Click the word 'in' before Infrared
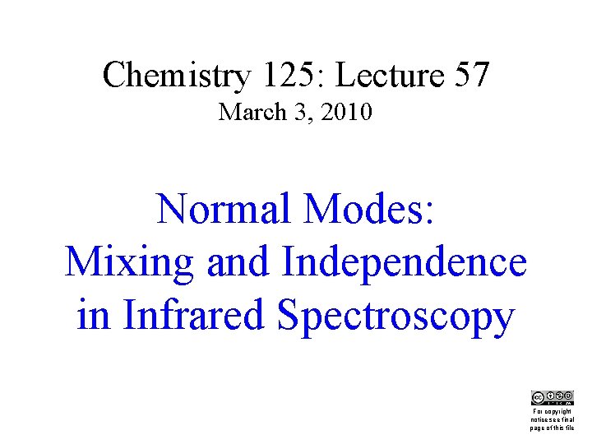pyautogui.click(x=93, y=315)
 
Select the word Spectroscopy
pyautogui.click(x=397, y=315)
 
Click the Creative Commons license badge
pyautogui.click(x=552, y=397)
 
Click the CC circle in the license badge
pyautogui.click(x=538, y=396)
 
